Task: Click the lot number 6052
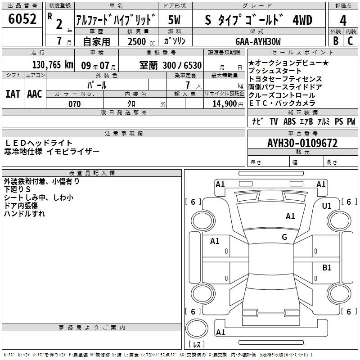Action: [22, 19]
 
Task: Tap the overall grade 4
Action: [343, 21]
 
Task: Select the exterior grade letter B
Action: [336, 41]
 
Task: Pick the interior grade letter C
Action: [350, 41]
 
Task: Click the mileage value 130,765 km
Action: [53, 65]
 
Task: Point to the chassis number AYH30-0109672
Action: [302, 143]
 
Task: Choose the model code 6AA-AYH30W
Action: [258, 41]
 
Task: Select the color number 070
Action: [75, 104]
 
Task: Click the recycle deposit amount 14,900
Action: [225, 104]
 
